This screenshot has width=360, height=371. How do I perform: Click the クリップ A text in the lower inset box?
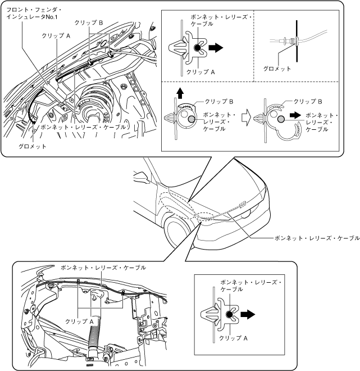pyautogui.click(x=234, y=338)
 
